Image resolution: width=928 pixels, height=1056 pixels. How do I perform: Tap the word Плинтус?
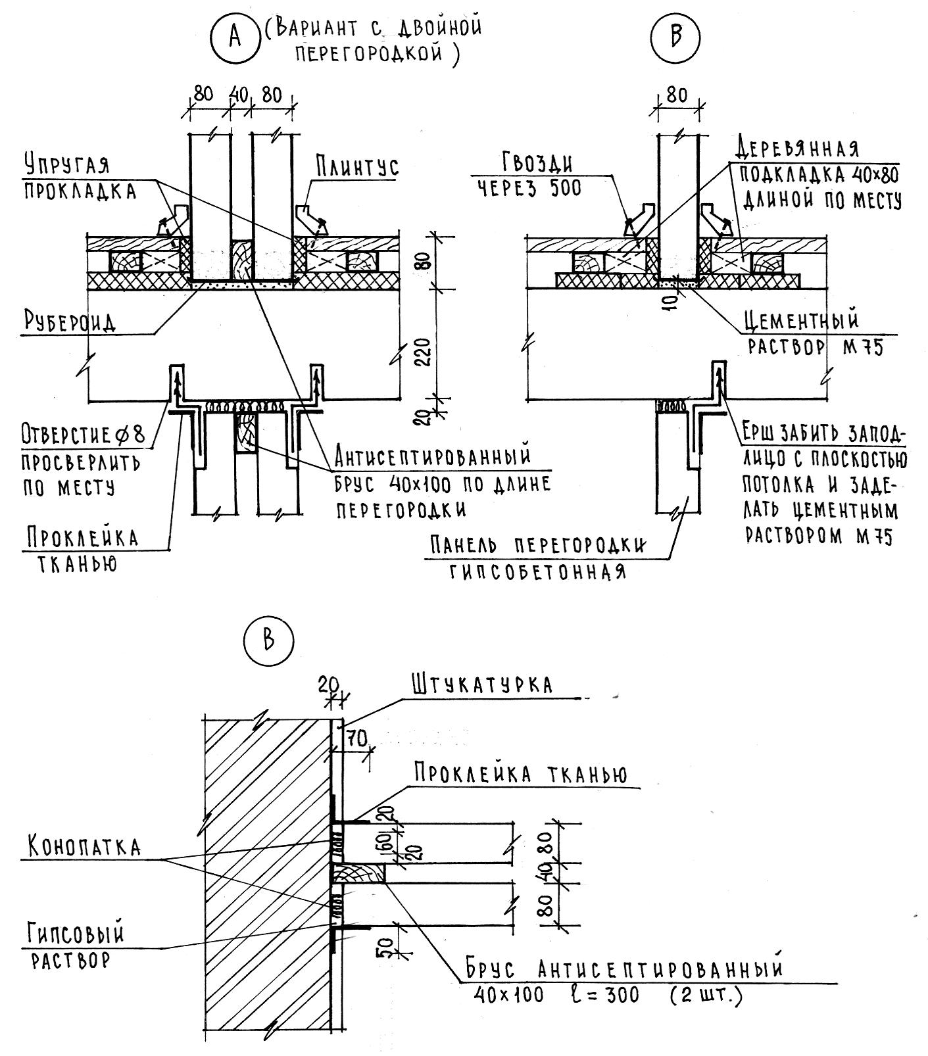[x=356, y=166]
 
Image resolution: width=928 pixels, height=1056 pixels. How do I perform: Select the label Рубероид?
[x=70, y=322]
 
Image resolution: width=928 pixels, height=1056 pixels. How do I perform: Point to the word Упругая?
[x=66, y=164]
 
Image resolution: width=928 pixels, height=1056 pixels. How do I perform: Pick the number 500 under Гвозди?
[x=561, y=189]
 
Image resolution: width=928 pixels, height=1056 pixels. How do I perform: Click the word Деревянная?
[x=797, y=149]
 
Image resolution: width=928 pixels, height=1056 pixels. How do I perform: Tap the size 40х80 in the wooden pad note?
[x=866, y=175]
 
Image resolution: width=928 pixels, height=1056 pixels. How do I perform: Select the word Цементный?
[x=802, y=321]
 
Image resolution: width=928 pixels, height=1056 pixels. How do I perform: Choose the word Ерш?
[x=760, y=433]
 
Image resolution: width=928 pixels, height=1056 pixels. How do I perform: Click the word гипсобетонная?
[x=537, y=572]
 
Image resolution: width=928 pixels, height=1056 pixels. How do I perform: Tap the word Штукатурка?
[x=482, y=684]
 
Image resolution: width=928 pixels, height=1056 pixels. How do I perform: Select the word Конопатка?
[x=84, y=847]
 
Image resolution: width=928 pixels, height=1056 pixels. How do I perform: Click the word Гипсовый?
[x=76, y=934]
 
